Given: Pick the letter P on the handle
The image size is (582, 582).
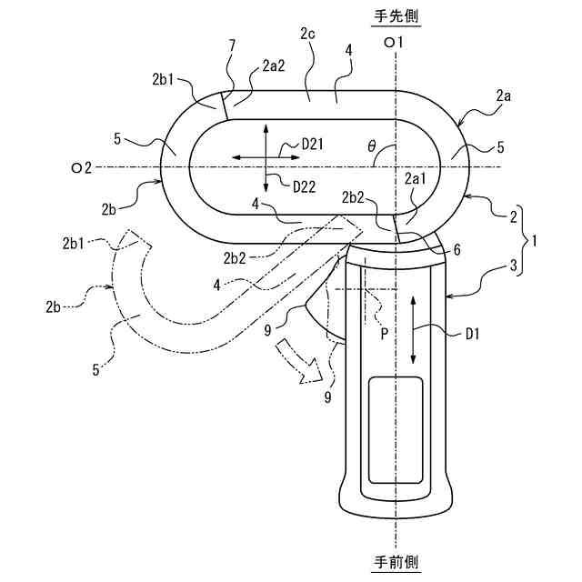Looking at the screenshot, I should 384,333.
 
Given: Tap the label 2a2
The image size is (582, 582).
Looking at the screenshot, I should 273,65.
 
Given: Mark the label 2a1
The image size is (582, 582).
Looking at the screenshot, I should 415,181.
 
